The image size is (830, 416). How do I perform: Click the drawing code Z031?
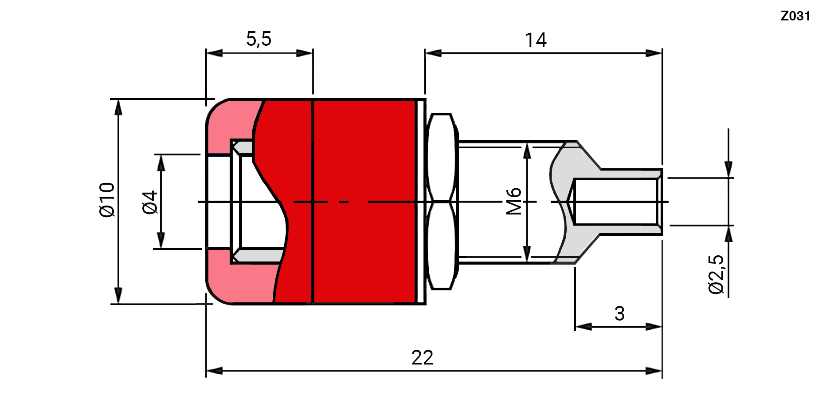[x=795, y=16]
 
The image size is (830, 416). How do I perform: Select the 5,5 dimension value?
[x=258, y=39]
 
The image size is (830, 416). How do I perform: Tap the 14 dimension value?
[x=536, y=40]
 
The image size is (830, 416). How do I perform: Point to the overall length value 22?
[x=422, y=357]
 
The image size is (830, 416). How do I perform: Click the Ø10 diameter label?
[x=107, y=200]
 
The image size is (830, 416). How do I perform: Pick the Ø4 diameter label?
[x=150, y=202]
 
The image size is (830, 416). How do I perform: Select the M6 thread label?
[x=514, y=201]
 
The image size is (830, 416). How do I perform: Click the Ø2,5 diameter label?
[x=716, y=274]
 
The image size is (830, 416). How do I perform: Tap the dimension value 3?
[x=619, y=313]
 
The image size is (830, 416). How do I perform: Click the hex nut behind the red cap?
[x=441, y=202]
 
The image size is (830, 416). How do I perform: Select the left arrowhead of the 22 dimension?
[x=214, y=371]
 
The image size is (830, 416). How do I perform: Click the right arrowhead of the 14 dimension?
[x=654, y=53]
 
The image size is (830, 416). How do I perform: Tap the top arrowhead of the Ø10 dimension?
[x=118, y=108]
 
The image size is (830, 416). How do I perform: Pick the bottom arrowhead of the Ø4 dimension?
[x=161, y=240]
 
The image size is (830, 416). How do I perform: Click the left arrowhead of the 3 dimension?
[x=583, y=327]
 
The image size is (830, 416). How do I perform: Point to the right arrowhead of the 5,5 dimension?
[x=305, y=53]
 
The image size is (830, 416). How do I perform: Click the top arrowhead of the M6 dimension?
[x=527, y=151]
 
